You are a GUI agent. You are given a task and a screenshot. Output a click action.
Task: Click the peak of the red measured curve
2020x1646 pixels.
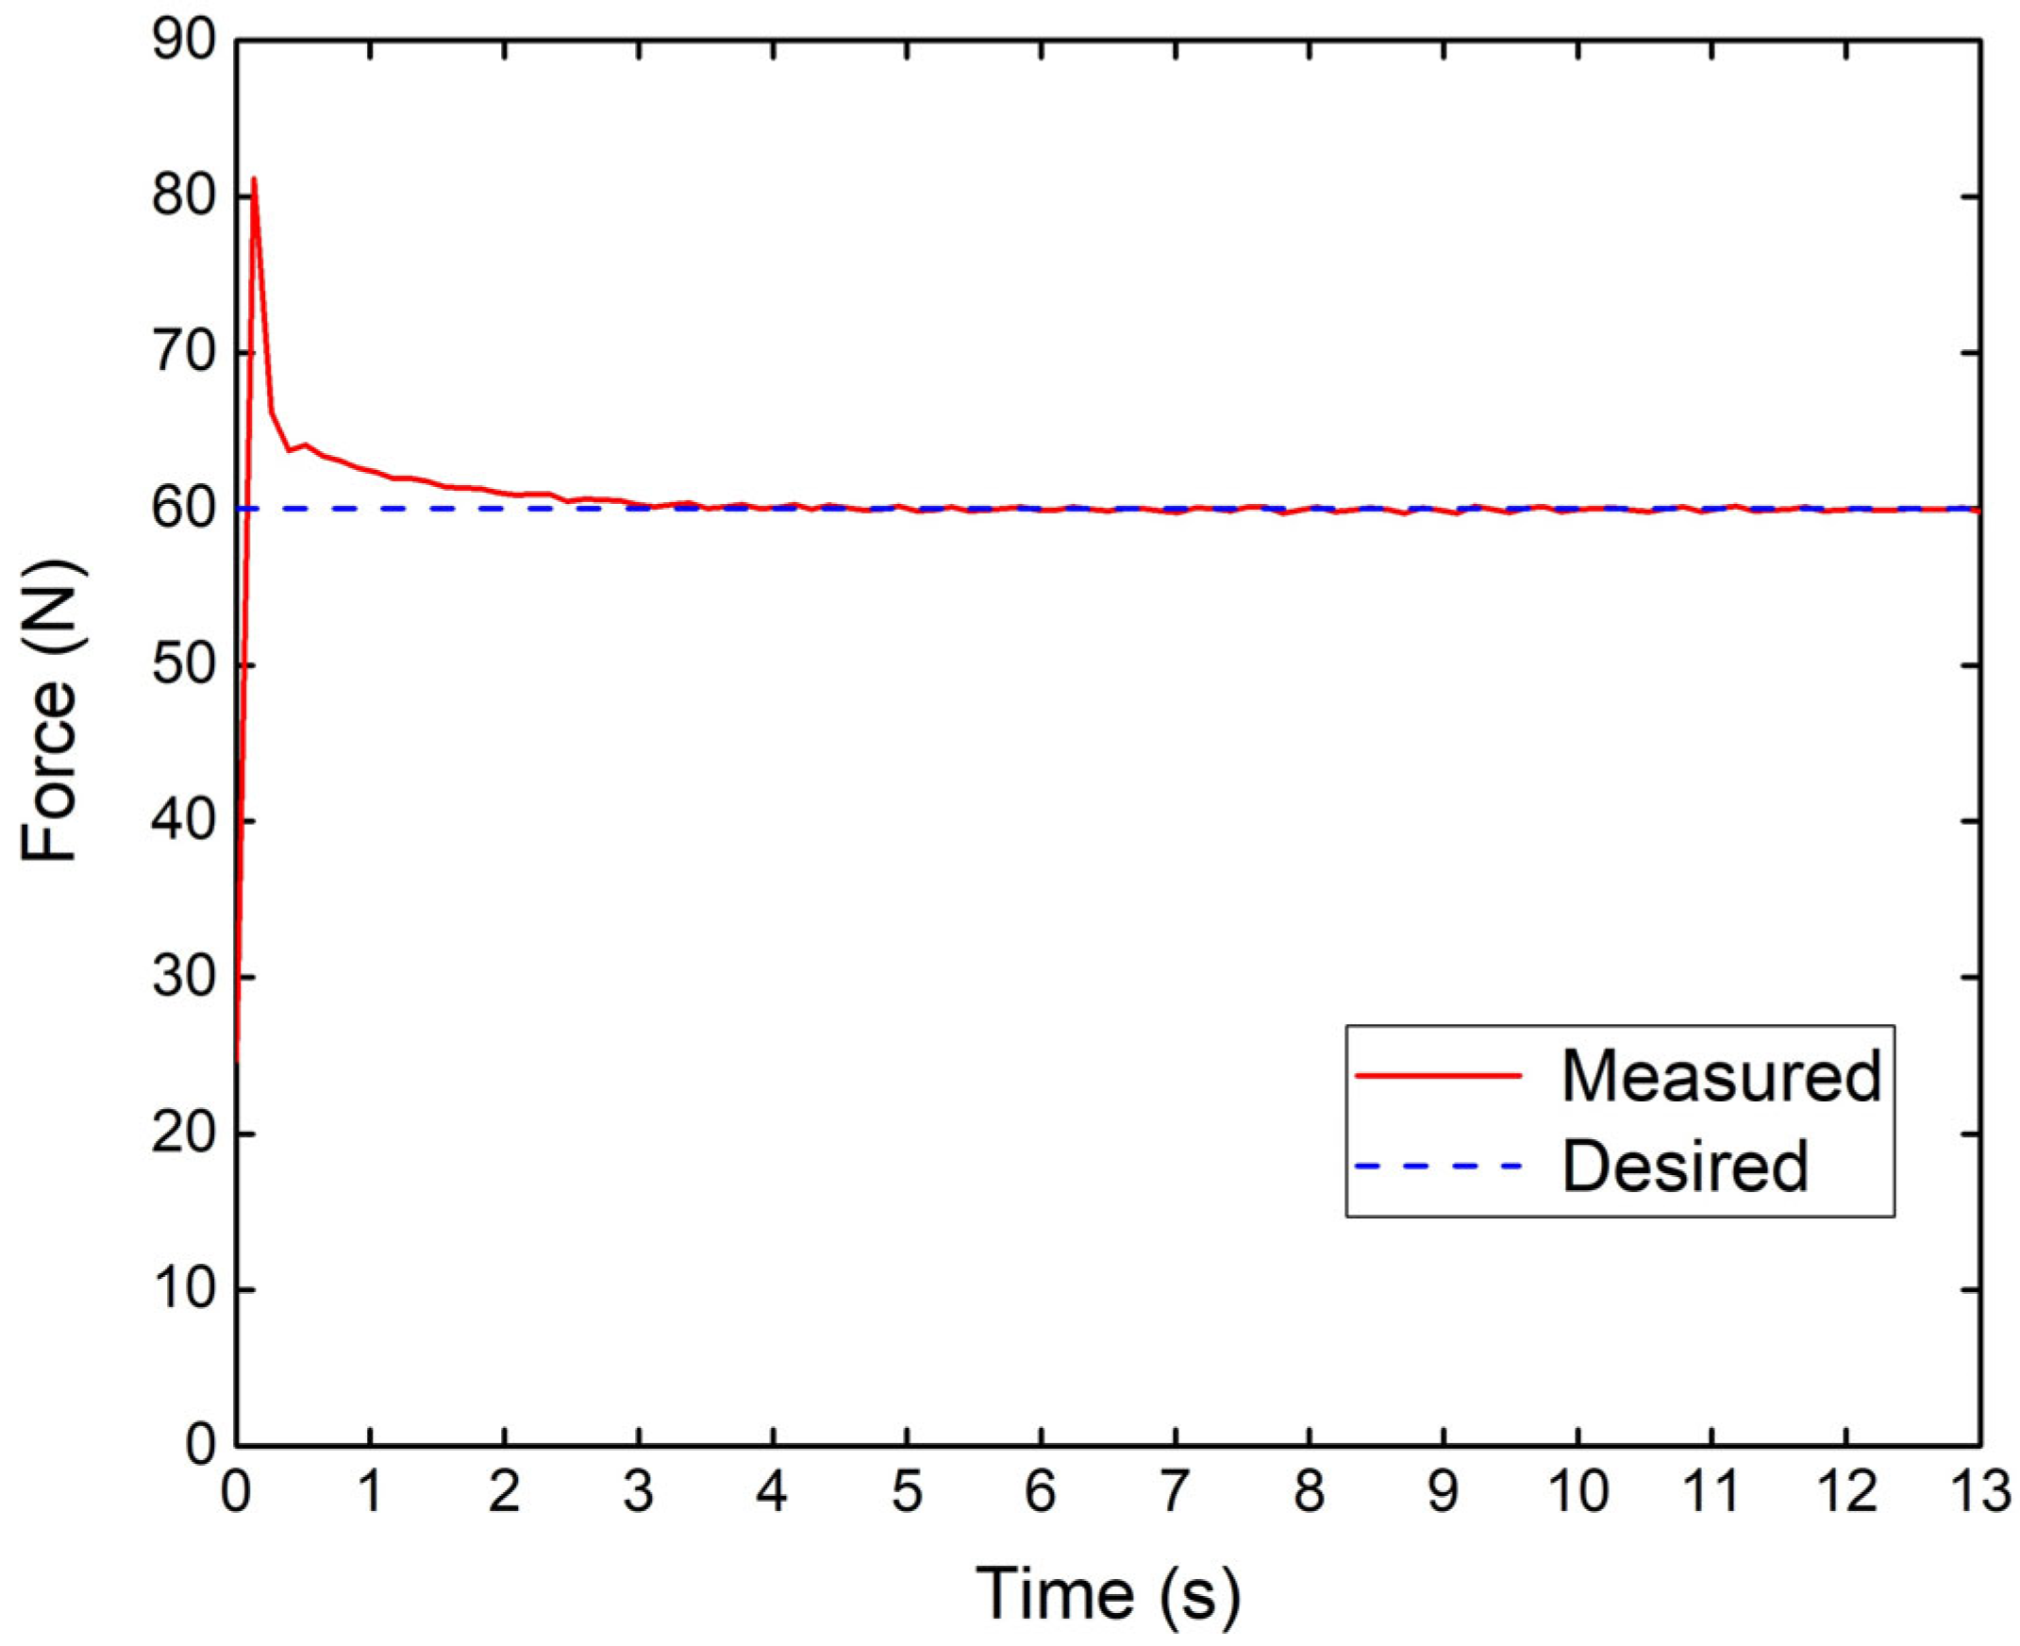tap(253, 178)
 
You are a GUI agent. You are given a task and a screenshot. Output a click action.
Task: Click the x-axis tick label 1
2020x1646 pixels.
tap(371, 1492)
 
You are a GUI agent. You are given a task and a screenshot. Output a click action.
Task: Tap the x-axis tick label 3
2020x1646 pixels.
tap(639, 1492)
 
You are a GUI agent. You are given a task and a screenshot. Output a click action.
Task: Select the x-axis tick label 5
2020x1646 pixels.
tap(907, 1492)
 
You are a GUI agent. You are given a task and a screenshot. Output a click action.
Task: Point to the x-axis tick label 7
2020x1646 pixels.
tap(1176, 1492)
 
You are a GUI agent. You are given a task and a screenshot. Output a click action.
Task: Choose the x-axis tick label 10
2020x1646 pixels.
tap(1577, 1492)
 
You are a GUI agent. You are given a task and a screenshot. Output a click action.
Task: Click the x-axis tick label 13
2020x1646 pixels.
tap(1979, 1492)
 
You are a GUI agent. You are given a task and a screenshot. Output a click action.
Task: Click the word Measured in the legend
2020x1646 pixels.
tap(1721, 1076)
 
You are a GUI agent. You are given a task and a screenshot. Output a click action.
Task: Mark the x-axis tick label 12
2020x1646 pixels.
tap(1845, 1492)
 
